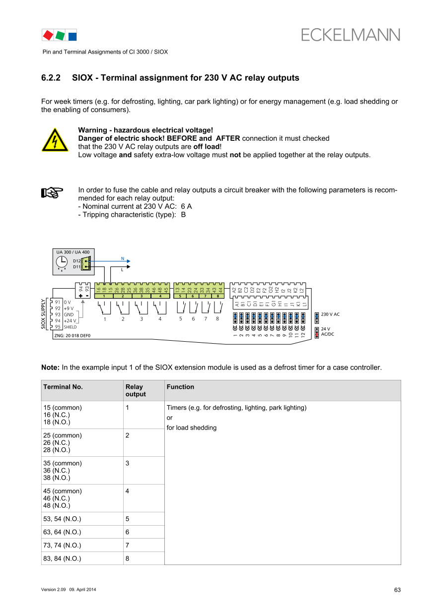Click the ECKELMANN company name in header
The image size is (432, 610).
(351, 35)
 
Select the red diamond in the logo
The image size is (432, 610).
(48, 35)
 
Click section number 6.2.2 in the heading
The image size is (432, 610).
(51, 78)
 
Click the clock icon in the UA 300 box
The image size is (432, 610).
(62, 262)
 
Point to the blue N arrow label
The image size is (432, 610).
(123, 258)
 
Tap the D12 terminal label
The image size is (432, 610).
(76, 261)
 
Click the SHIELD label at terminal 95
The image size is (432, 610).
(70, 327)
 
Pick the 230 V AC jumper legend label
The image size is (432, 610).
(330, 314)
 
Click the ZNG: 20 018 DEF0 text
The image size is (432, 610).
(72, 336)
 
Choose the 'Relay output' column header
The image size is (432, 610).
(136, 390)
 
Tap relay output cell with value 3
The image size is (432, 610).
(128, 463)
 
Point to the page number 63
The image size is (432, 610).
(397, 590)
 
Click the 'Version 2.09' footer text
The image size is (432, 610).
(54, 590)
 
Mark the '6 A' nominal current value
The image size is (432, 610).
(187, 206)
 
